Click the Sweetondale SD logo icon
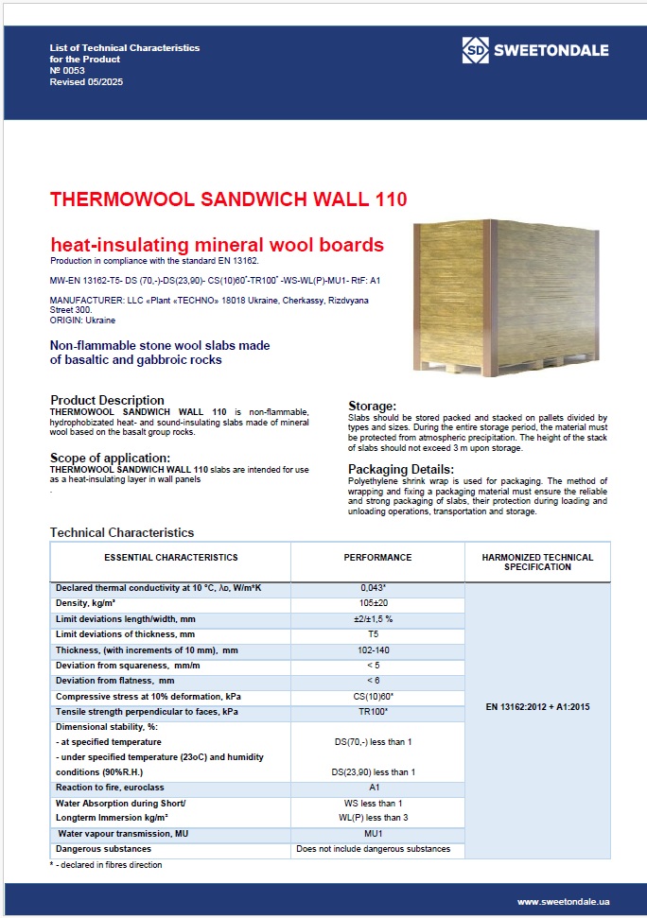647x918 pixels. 475,50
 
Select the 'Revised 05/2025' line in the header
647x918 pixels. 86,82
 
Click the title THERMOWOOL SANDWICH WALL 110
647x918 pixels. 228,199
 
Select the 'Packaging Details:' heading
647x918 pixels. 401,469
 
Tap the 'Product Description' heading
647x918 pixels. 107,400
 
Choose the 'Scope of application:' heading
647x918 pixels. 110,459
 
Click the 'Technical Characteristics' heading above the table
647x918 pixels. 121,533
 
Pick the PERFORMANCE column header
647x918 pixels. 377,558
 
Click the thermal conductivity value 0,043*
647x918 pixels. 374,588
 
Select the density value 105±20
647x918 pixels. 374,603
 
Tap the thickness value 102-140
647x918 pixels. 374,650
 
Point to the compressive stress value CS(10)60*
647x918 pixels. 374,696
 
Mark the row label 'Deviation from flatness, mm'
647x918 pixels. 115,681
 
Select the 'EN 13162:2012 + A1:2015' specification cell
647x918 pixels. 537,706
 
